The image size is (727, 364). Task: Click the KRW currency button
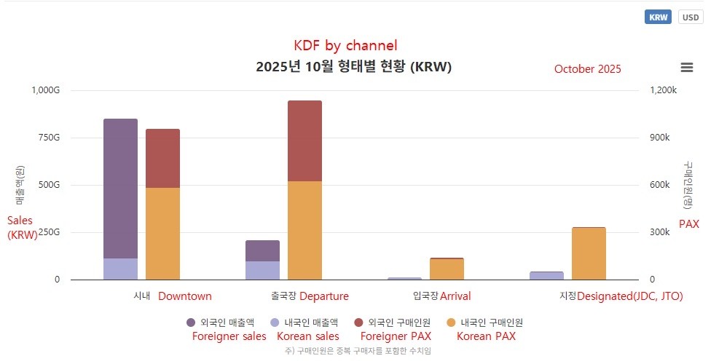[x=658, y=17]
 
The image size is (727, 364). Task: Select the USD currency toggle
[x=691, y=17]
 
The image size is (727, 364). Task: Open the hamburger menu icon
[x=686, y=68]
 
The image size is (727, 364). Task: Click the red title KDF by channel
[x=345, y=46]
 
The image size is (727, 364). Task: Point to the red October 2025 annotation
[x=587, y=69]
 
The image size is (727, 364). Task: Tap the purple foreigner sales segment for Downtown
[x=120, y=188]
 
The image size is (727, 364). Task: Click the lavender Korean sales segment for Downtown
[x=120, y=269]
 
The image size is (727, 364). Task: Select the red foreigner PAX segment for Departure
[x=304, y=141]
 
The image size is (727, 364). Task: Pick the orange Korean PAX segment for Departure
[x=304, y=230]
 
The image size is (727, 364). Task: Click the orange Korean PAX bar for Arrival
[x=447, y=269]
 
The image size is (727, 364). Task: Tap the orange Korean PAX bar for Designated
[x=589, y=253]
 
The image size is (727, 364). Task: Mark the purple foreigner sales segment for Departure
[x=262, y=250]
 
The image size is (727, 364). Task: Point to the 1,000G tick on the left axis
[x=45, y=90]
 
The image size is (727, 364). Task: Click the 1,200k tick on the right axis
[x=663, y=90]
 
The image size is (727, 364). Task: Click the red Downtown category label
[x=185, y=296]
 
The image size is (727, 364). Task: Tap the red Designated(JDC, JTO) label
[x=630, y=296]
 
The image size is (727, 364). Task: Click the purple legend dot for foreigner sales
[x=191, y=323]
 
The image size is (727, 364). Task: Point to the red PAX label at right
[x=688, y=224]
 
